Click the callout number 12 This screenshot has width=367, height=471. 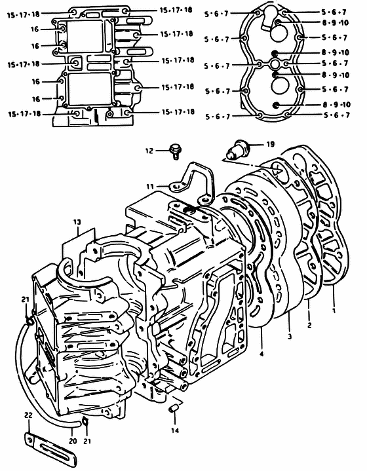[x=149, y=151]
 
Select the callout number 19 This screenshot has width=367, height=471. [x=270, y=144]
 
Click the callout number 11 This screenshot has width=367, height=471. [x=149, y=187]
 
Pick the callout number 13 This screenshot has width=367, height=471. [x=77, y=222]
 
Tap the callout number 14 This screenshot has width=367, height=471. [x=175, y=430]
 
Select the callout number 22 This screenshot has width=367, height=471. [x=28, y=415]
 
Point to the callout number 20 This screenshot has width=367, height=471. [x=73, y=442]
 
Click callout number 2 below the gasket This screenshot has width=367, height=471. [x=309, y=325]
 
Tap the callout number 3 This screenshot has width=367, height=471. [x=290, y=336]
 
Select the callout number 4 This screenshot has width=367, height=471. [x=261, y=354]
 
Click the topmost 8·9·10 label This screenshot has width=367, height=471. [x=336, y=22]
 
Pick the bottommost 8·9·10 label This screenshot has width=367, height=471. [x=337, y=105]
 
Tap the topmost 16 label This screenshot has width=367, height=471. [x=35, y=29]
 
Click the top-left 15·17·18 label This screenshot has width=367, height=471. [x=24, y=14]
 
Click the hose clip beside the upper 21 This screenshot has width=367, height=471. [x=29, y=322]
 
